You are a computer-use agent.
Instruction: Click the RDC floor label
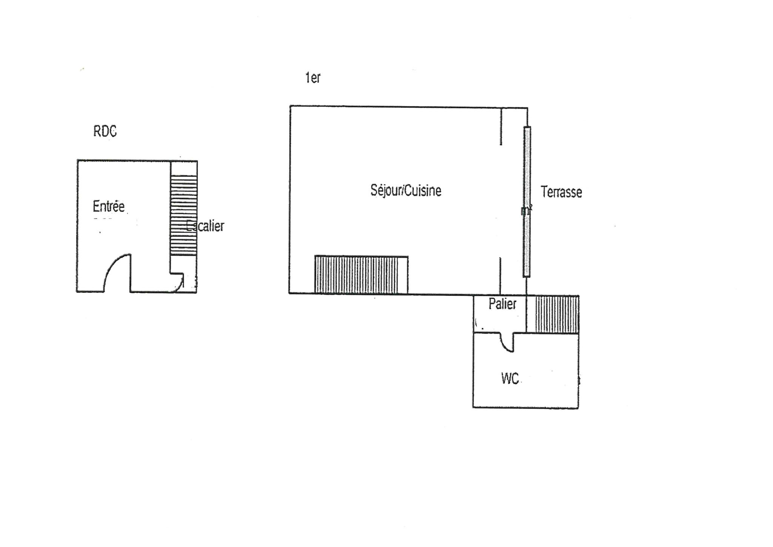(x=105, y=131)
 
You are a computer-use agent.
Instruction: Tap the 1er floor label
(x=313, y=77)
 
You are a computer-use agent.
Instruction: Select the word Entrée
(x=109, y=206)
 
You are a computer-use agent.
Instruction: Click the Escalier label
(x=206, y=226)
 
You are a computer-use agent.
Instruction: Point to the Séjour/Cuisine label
(x=406, y=190)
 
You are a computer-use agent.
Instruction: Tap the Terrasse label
(x=561, y=192)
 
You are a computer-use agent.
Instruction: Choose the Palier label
(x=502, y=304)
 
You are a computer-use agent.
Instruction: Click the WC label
(x=510, y=378)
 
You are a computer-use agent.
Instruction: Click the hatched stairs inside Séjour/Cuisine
(x=361, y=275)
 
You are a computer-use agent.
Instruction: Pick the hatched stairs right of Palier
(x=557, y=314)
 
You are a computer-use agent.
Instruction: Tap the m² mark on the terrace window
(x=527, y=210)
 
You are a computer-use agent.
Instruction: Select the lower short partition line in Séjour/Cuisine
(x=500, y=276)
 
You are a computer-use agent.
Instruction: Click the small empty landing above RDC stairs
(x=184, y=168)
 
